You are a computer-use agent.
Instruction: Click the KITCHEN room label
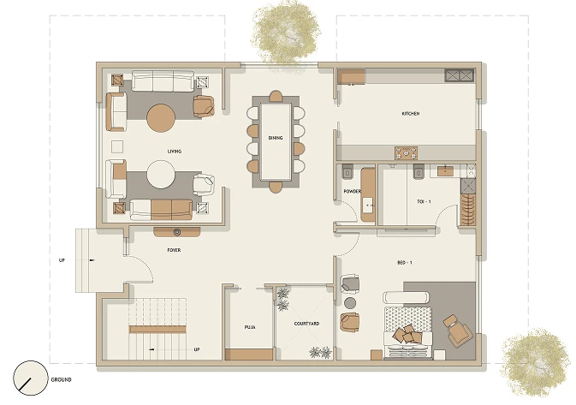point(410,114)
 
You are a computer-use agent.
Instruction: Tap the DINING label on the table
point(275,138)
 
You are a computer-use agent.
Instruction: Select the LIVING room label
point(174,151)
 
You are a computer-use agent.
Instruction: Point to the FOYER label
point(174,250)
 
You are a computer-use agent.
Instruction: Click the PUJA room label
point(250,327)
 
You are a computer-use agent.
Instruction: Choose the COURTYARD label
point(306,324)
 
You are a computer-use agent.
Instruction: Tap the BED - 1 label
point(405,262)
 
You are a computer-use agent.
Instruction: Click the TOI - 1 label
point(424,201)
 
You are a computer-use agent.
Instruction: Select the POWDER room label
point(352,191)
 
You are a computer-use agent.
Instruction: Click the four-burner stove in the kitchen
point(406,153)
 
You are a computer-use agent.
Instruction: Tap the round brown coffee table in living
point(161,118)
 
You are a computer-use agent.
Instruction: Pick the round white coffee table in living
point(161,174)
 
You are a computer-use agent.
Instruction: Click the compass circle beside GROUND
point(31,378)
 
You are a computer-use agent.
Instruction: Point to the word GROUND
point(61,379)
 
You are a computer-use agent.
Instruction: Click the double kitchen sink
point(460,75)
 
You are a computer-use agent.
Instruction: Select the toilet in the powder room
point(347,171)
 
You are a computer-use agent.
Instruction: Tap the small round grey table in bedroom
point(350,303)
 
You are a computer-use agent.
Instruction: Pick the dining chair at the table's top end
point(276,96)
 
